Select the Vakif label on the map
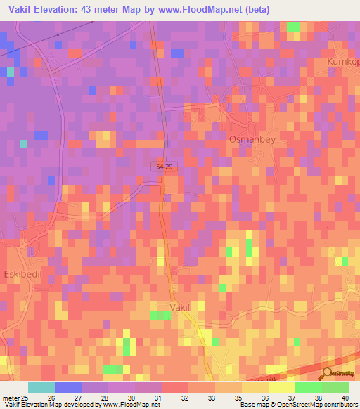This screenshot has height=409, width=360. tap(181, 307)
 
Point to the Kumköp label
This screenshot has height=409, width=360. tap(344, 63)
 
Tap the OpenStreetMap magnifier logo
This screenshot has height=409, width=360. tap(327, 373)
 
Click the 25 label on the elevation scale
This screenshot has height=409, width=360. tap(25, 398)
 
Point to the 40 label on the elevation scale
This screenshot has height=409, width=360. tap(345, 398)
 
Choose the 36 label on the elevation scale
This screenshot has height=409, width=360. tap(264, 398)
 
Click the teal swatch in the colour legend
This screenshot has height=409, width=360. tap(41, 387)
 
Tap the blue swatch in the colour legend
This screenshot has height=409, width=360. tap(68, 387)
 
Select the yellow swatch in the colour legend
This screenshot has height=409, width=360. tap(282, 387)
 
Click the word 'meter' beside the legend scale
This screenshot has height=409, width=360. tap(11, 398)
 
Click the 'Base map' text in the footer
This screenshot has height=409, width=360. tap(251, 405)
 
